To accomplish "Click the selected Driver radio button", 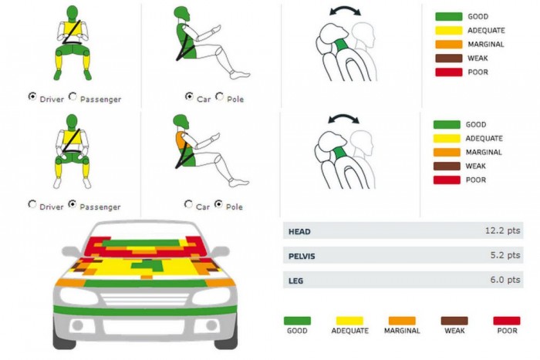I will coord(32,96).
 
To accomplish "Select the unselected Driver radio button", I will coord(32,204).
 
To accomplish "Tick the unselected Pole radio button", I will coord(220,96).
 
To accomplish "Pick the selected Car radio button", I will coord(189,96).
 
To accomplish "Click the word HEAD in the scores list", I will coord(299,231).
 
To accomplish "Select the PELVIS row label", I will coord(302,255).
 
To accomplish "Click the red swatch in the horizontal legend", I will coord(506,320).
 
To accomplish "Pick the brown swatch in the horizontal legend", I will coord(454,320).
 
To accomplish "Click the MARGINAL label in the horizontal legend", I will coord(402,331).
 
